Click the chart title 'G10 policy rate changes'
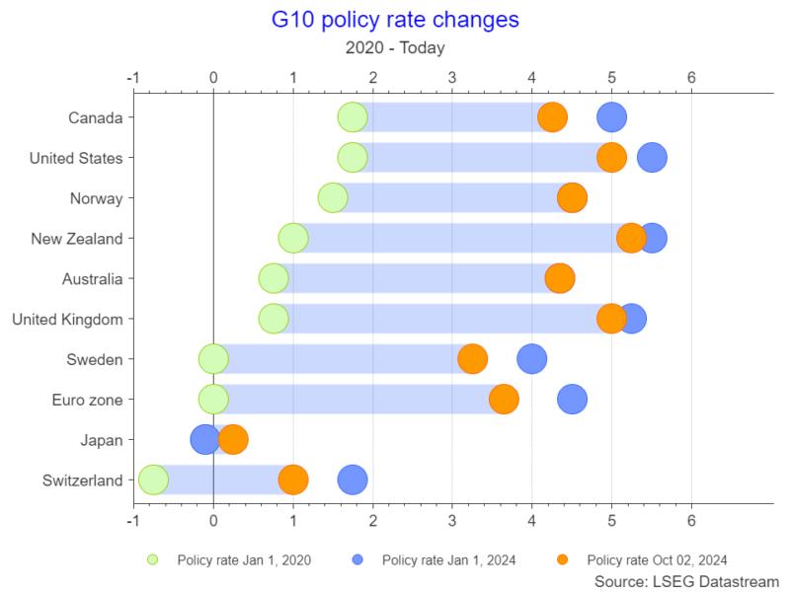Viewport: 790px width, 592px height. pyautogui.click(x=394, y=20)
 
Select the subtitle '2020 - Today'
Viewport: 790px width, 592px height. pyautogui.click(x=394, y=48)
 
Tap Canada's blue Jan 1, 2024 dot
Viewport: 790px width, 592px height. pyautogui.click(x=612, y=116)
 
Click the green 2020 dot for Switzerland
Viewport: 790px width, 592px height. pyautogui.click(x=153, y=481)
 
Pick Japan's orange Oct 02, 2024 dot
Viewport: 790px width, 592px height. pyautogui.click(x=233, y=440)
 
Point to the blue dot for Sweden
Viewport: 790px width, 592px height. pyautogui.click(x=532, y=359)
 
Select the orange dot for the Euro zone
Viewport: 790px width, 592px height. pyautogui.click(x=504, y=400)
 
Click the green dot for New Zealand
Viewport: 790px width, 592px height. pyautogui.click(x=293, y=238)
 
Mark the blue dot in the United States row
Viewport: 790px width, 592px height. pyautogui.click(x=652, y=157)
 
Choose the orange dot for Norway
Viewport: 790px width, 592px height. pyautogui.click(x=572, y=197)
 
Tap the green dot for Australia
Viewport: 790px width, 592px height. pyautogui.click(x=274, y=278)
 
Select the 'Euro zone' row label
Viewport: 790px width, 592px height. pyautogui.click(x=87, y=400)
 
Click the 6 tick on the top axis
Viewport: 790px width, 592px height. pyautogui.click(x=691, y=77)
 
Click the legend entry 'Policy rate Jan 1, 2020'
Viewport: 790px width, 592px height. pyautogui.click(x=243, y=559)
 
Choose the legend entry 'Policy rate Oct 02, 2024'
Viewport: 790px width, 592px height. pyautogui.click(x=656, y=559)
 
